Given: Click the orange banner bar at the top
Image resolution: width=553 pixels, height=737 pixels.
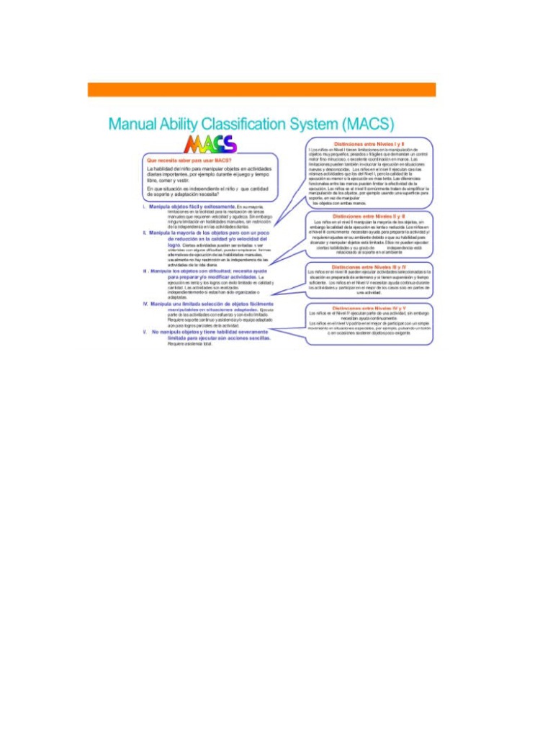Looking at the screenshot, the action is coord(261,89).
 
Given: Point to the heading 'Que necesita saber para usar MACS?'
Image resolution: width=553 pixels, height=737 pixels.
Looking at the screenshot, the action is coord(189,160).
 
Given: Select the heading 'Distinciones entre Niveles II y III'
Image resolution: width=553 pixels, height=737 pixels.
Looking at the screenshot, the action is coord(369,216).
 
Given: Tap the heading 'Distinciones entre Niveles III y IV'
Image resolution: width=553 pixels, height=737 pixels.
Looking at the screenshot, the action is coord(369,266).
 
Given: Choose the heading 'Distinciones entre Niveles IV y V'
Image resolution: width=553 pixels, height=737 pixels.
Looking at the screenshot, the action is coord(369,308).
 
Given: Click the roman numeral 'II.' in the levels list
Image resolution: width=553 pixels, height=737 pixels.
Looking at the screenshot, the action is coord(145,233).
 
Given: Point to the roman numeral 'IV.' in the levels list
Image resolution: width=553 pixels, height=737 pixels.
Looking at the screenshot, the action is coord(145,304).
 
